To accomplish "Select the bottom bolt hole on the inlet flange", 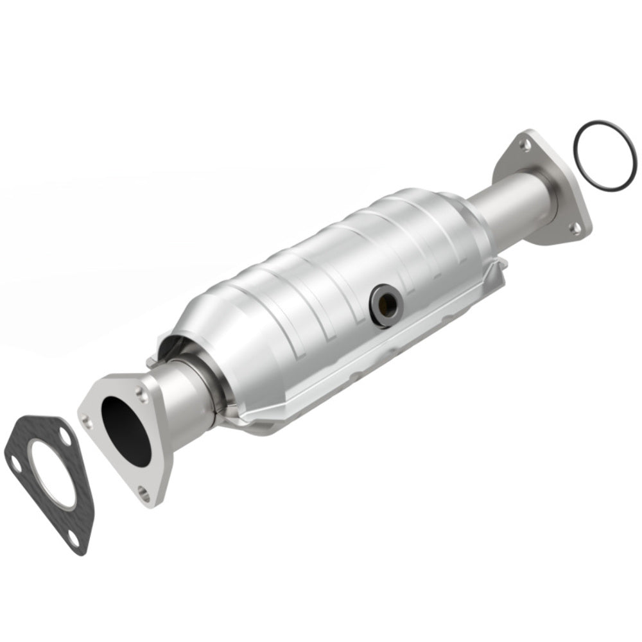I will click(x=144, y=494).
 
